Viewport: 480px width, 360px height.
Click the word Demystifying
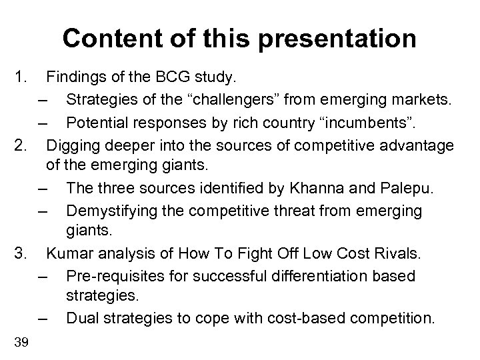[x=112, y=211]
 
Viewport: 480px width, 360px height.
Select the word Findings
[x=73, y=79]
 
